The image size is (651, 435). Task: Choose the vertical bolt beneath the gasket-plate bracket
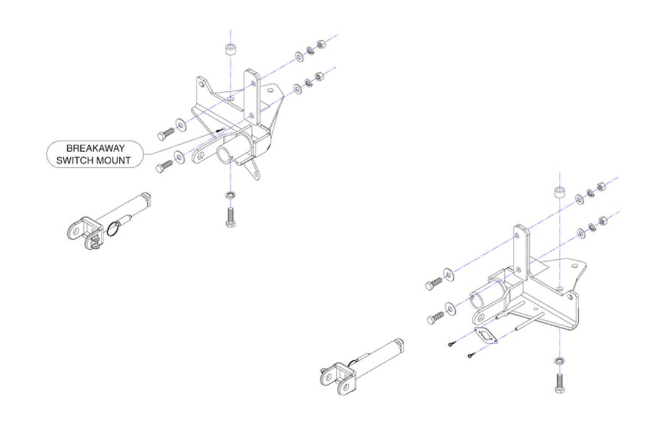click(x=558, y=379)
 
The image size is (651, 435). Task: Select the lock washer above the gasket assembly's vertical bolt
click(x=558, y=360)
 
